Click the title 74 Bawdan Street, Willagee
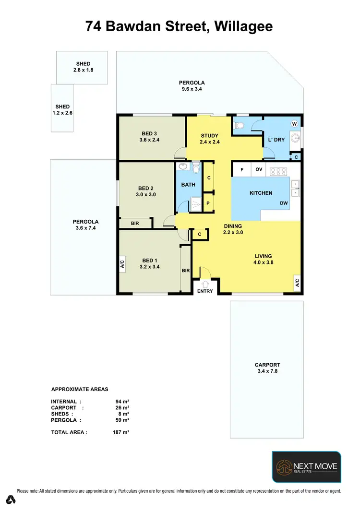pos(180,26)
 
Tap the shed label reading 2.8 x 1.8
pos(83,67)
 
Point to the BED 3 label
pos(149,137)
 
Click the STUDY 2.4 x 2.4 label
pos(210,139)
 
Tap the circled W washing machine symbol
pos(294,124)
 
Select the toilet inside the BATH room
pos(195,168)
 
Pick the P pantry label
pos(209,203)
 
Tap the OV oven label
pos(259,169)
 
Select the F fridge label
pos(242,169)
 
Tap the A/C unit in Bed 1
pos(122,263)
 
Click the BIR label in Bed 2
pos(135,223)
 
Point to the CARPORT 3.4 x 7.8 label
pos(268,368)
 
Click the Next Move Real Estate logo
pos(306,466)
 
